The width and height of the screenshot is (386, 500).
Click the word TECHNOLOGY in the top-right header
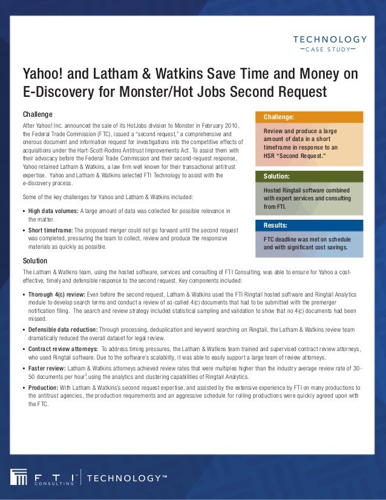coord(330,39)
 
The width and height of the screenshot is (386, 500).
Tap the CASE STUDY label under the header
coord(327,49)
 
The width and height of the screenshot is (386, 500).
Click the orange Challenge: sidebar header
coord(279,117)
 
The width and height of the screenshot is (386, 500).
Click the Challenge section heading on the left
coord(38,114)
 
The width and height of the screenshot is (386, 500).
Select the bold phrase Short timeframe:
coord(53,231)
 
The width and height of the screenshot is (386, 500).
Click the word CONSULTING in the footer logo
coord(54,484)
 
